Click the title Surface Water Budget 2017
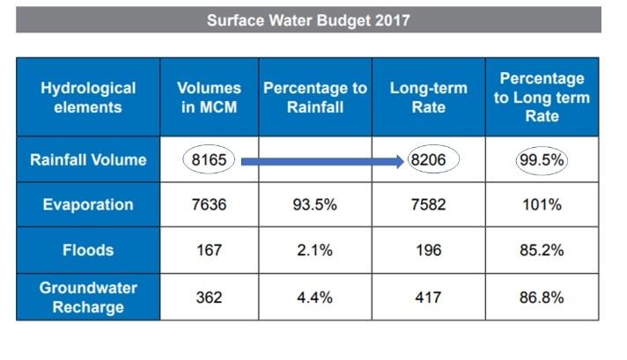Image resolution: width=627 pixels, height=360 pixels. coord(308,19)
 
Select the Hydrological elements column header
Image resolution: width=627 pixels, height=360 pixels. coord(88,98)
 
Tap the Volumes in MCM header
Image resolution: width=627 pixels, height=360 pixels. coord(210,98)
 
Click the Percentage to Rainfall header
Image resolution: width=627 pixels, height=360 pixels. coord(313,98)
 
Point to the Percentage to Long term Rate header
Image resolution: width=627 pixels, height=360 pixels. coord(542,97)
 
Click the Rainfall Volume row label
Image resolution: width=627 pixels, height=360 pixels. coord(88,160)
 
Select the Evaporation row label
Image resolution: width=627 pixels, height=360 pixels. coord(88,205)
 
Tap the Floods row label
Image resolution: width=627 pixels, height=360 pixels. coord(88,250)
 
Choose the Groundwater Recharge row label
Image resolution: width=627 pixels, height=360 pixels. coord(88,297)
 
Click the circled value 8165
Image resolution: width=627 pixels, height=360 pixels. coord(210,160)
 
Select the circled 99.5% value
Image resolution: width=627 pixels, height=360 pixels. coord(542,160)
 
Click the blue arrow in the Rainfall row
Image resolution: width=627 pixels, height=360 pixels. coord(326,161)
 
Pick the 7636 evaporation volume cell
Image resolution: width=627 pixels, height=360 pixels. coord(210,205)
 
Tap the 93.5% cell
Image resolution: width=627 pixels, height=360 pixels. coord(313,205)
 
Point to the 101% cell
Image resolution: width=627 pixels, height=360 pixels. coord(542,205)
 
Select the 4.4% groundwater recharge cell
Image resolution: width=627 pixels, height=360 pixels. coord(313,297)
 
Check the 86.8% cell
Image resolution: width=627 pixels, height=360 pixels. coord(542,297)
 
